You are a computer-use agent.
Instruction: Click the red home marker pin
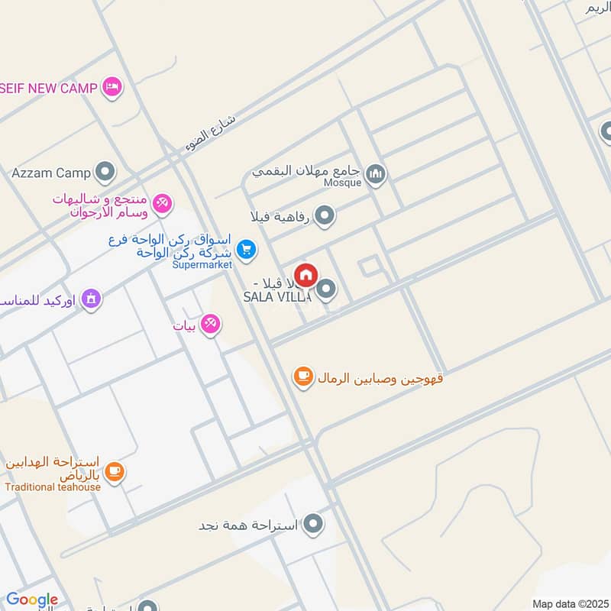[x=305, y=276]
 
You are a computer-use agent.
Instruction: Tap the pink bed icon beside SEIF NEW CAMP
[x=112, y=87]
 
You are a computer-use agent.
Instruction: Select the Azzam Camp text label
[x=51, y=173]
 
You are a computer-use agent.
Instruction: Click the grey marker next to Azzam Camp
[x=105, y=172]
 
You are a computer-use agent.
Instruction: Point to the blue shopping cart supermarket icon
[x=246, y=249]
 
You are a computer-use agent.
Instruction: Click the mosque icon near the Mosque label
[x=375, y=175]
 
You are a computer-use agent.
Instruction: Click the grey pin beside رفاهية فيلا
[x=325, y=216]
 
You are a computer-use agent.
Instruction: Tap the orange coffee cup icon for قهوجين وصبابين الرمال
[x=304, y=377]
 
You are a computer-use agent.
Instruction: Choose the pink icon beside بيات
[x=212, y=325]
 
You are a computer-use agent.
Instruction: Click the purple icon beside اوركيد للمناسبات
[x=91, y=299]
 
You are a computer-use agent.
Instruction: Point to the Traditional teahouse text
[x=53, y=487]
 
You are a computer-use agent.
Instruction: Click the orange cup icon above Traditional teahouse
[x=115, y=471]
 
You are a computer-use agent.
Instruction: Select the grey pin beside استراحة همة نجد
[x=313, y=524]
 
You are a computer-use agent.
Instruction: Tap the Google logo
[x=32, y=600]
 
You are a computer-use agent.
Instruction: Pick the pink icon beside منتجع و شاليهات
[x=161, y=203]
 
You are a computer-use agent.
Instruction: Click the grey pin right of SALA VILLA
[x=327, y=289]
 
